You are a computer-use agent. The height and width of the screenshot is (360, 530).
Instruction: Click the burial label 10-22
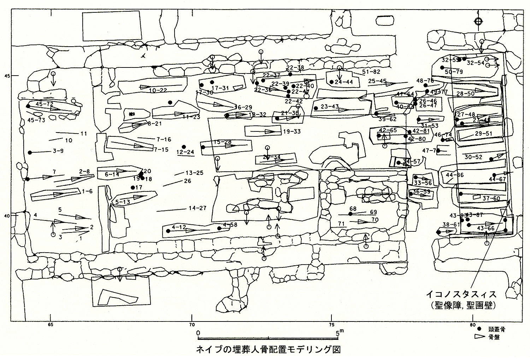158,90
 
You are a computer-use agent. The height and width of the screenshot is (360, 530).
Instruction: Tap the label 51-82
371,72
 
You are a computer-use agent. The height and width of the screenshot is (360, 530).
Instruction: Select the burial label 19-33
292,132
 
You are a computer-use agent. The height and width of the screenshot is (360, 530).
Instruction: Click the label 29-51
484,134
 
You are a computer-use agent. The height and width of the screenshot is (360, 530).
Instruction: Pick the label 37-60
491,199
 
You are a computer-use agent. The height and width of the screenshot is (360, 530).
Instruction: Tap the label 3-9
58,151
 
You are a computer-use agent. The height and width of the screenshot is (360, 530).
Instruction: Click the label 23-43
330,107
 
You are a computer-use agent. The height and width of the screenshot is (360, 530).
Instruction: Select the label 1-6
87,191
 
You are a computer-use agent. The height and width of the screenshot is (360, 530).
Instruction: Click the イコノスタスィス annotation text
461,294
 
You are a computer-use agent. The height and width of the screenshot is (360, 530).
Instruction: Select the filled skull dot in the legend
479,329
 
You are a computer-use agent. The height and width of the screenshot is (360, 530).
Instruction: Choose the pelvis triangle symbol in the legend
479,337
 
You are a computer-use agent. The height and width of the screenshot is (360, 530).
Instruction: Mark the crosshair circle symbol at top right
478,22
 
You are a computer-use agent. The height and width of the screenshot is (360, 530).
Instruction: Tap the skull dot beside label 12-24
184,147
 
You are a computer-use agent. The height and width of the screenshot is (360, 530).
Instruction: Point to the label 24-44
344,82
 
